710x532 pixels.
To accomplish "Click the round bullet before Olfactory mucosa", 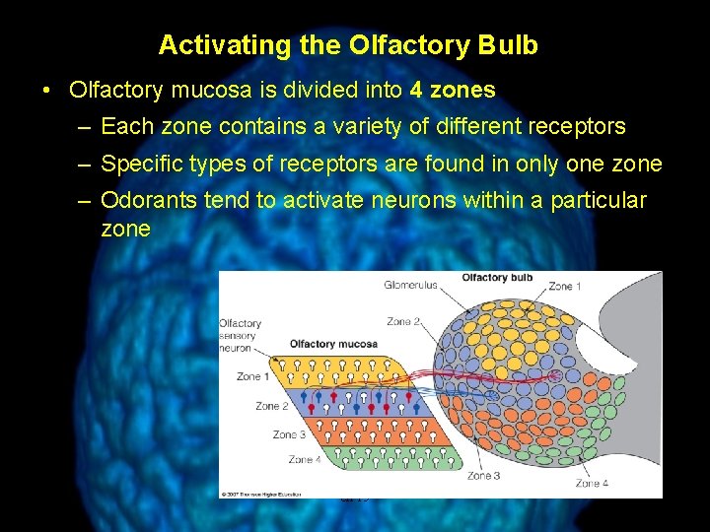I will click(x=47, y=91).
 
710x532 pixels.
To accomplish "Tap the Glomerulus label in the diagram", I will click(x=410, y=286).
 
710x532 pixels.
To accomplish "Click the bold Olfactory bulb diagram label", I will click(x=497, y=278).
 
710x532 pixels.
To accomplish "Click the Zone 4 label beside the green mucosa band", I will click(x=305, y=459).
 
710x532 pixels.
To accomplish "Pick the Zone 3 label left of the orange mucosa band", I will click(x=289, y=434).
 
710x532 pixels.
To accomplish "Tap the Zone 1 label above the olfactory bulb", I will click(x=565, y=287).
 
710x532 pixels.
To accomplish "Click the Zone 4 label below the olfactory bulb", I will click(x=592, y=483).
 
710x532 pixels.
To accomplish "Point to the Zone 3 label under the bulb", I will click(x=483, y=476).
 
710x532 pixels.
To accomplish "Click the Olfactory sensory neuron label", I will click(x=240, y=335).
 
